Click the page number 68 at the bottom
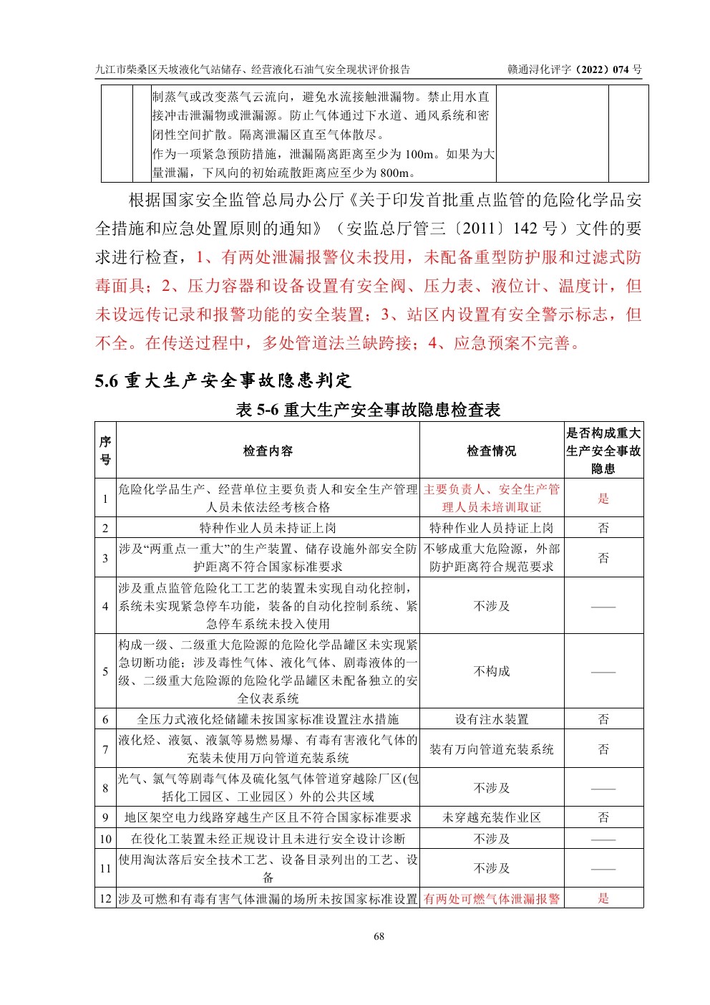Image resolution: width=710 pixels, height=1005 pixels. (x=379, y=936)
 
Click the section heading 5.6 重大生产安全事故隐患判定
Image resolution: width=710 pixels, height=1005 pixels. (x=223, y=380)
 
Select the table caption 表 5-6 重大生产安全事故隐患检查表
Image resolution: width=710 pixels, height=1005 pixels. (x=369, y=410)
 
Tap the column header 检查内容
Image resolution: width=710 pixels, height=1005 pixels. (x=268, y=451)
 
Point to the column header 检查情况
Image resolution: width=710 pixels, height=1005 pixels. (x=491, y=451)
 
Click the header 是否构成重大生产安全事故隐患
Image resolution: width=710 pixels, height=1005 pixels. (x=603, y=451)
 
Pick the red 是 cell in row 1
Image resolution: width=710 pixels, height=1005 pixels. (x=603, y=499)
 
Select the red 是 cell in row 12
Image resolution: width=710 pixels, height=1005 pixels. (x=603, y=898)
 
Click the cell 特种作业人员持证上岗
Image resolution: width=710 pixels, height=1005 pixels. (x=491, y=528)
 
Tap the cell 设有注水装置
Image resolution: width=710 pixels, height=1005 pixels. (x=491, y=719)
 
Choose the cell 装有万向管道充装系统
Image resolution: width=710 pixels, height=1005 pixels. (x=491, y=749)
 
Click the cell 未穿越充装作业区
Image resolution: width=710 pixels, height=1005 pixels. (x=491, y=817)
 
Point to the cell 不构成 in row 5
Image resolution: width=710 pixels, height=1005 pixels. (x=491, y=671)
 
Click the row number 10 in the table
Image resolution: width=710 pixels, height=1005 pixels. (x=105, y=839)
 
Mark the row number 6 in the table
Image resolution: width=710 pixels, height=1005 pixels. (x=105, y=719)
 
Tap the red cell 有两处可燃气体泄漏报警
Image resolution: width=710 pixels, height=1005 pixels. (x=491, y=898)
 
